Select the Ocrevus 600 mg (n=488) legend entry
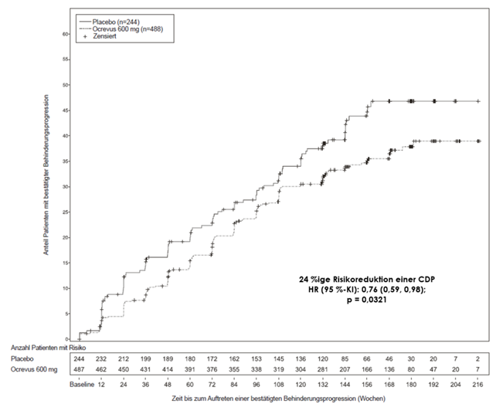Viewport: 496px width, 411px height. (x=124, y=29)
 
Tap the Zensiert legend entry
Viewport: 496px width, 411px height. (x=106, y=37)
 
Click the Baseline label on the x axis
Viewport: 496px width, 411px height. (x=80, y=384)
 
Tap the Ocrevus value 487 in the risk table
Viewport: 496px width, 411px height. (x=80, y=371)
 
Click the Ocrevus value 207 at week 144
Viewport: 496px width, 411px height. (x=345, y=371)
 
